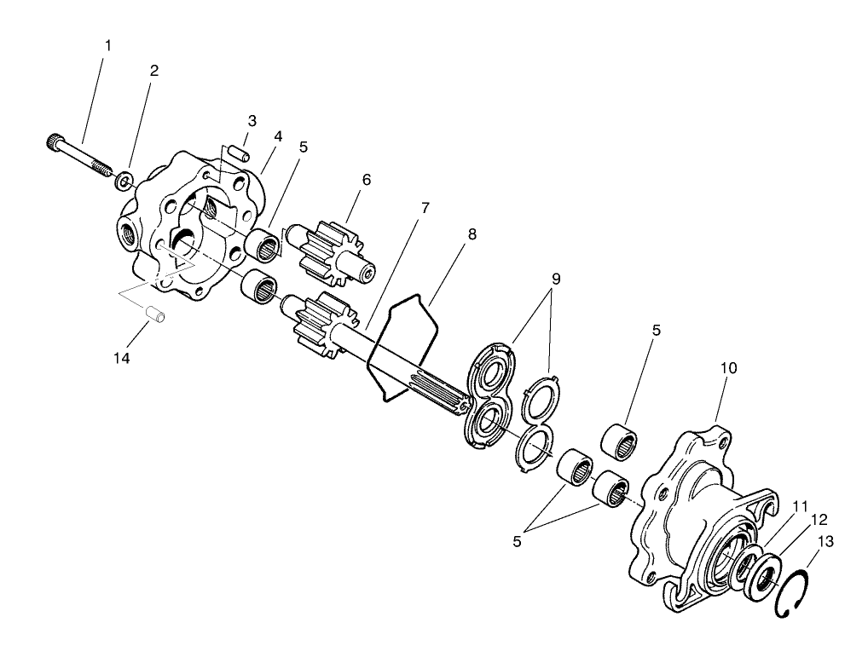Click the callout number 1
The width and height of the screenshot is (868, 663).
tap(107, 44)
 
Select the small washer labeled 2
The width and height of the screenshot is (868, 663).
tap(124, 180)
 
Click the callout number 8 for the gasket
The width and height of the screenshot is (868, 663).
tap(472, 233)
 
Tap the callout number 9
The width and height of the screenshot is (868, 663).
tap(556, 278)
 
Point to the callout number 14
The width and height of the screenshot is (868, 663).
tap(122, 358)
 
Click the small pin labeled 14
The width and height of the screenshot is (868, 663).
tap(156, 314)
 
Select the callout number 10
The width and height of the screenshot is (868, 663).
tap(729, 368)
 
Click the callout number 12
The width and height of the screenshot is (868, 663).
tap(819, 519)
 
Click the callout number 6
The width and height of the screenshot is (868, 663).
tap(367, 180)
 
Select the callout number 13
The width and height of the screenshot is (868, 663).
tap(826, 542)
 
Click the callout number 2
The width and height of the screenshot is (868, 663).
tap(153, 72)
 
